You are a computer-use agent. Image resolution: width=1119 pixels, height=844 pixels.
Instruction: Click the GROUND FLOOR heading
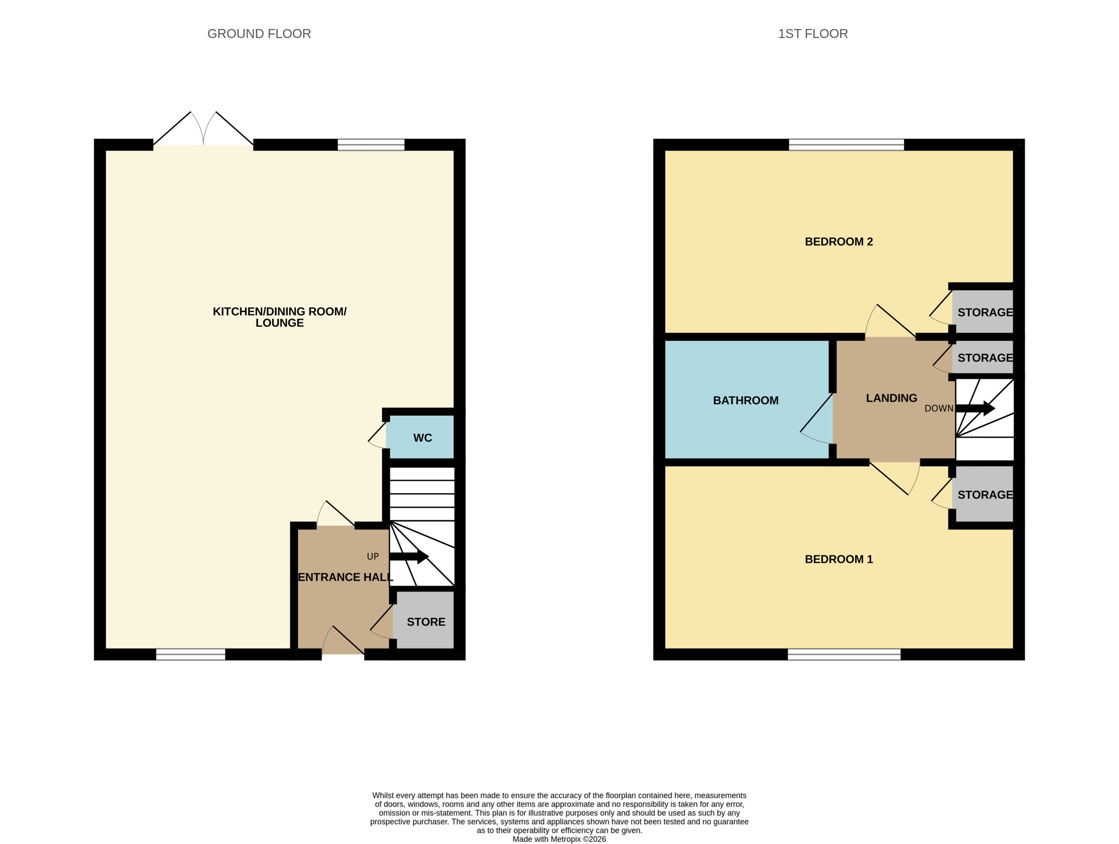(x=259, y=34)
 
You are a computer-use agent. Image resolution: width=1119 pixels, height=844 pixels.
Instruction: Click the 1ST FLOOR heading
(x=812, y=34)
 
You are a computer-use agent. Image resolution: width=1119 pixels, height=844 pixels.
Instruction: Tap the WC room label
(x=422, y=438)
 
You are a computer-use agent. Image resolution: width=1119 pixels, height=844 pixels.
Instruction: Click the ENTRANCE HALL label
(x=345, y=577)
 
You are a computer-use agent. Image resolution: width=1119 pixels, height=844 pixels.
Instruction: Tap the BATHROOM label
(x=746, y=401)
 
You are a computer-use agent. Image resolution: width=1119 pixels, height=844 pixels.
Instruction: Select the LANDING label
(x=891, y=398)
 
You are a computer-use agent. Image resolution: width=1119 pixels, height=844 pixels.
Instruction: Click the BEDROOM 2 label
(x=839, y=242)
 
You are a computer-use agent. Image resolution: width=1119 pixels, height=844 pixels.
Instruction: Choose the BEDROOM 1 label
(x=839, y=559)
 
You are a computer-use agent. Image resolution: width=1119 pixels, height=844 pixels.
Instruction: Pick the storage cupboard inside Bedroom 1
(x=983, y=494)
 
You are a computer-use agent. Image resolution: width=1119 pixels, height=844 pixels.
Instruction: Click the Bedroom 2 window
(x=846, y=145)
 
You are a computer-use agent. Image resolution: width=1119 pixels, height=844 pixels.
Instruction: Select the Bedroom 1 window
(x=844, y=655)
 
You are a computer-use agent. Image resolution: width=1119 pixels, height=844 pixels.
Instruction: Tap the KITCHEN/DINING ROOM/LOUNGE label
(x=279, y=317)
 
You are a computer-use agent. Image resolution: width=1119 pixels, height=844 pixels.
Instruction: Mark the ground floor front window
(x=191, y=655)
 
